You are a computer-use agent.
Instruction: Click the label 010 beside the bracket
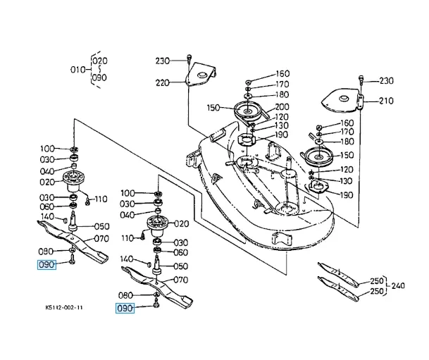(x=77, y=70)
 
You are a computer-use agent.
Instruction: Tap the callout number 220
(x=163, y=82)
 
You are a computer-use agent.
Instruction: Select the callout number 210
(x=386, y=101)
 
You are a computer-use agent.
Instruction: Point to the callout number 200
(x=282, y=106)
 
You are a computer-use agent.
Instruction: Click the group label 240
(x=398, y=286)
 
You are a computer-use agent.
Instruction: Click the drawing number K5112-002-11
(x=64, y=307)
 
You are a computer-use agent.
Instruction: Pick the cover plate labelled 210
(x=342, y=100)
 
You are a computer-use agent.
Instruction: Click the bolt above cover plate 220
(x=189, y=58)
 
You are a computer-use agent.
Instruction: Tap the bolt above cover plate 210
(x=361, y=80)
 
